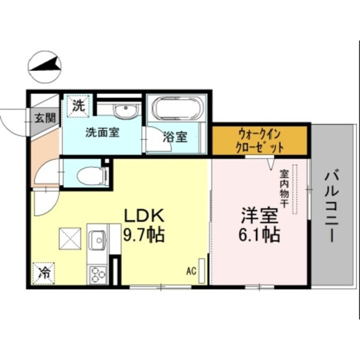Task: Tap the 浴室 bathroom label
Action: [175, 137]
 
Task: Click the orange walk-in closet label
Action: [260, 141]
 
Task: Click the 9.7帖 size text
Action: [144, 234]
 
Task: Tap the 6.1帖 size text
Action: [260, 234]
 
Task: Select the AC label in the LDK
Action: [191, 272]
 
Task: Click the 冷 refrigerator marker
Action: [43, 274]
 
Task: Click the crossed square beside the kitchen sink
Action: [70, 240]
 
